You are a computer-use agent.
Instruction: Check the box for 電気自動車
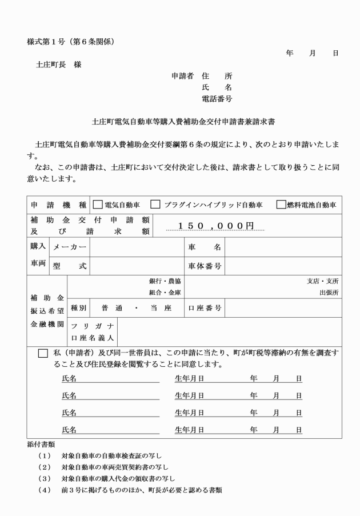coord(97,205)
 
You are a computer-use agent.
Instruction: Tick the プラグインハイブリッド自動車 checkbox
coord(155,205)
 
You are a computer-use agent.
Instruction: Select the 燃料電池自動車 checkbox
coord(281,205)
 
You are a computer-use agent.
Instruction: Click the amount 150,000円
coord(215,226)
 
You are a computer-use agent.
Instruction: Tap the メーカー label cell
coord(70,247)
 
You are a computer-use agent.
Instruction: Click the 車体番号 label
coord(205,266)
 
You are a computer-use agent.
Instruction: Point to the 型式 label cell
coord(70,266)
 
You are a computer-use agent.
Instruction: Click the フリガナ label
coord(92,326)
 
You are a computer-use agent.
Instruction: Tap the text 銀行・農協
coord(165,281)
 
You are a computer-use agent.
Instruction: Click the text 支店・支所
coord(322,281)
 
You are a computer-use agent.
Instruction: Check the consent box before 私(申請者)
coord(43,353)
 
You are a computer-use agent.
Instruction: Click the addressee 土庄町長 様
coord(59,65)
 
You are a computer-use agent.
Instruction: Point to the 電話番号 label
coord(217,98)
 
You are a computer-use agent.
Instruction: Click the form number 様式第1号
coord(46,42)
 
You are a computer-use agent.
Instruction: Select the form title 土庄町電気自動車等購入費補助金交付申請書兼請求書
coord(183,122)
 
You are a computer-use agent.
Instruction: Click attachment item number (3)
coord(45,478)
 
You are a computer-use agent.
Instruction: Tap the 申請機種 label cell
coord(58,205)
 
